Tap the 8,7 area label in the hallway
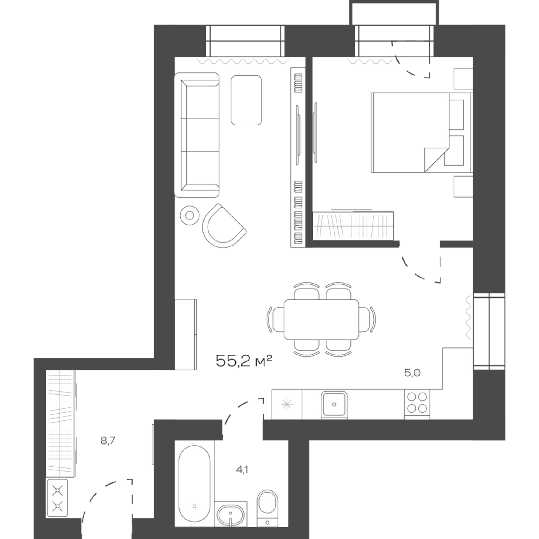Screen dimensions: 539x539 (108, 440)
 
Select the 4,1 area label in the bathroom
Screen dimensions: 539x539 (242, 470)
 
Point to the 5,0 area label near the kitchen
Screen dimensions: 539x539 (412, 373)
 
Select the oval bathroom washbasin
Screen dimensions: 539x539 (231, 515)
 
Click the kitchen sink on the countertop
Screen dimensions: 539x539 (334, 404)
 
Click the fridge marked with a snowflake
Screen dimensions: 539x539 (287, 405)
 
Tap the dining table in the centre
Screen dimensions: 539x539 (321, 319)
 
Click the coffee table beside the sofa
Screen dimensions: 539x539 (246, 100)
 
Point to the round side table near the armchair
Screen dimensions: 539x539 (190, 215)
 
